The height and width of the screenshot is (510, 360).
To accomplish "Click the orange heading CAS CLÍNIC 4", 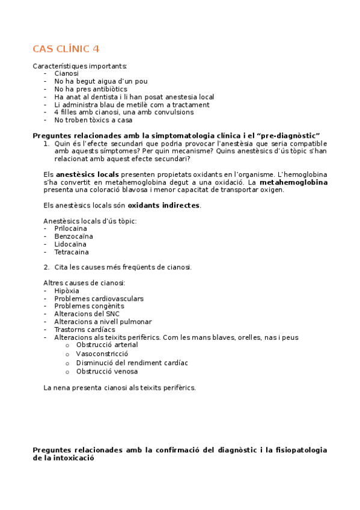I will tap(66, 49).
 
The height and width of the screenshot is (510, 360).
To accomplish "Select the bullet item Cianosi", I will tap(66, 73).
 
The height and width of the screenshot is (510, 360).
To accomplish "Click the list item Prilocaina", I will tap(70, 229).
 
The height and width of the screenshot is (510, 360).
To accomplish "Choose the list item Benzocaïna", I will tap(73, 236).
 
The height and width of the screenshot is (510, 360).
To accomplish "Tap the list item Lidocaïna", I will tap(70, 244).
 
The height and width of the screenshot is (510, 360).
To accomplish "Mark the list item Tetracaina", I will tap(71, 252).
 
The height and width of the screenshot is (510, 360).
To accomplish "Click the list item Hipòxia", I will tap(66, 290).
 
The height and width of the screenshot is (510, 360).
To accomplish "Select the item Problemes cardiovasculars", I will tap(99, 298).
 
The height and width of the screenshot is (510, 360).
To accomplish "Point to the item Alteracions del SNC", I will tap(87, 314).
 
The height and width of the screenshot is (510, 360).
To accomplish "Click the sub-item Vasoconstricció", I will tap(102, 354).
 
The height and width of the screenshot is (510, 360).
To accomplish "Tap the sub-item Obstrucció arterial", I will tap(106, 345).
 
